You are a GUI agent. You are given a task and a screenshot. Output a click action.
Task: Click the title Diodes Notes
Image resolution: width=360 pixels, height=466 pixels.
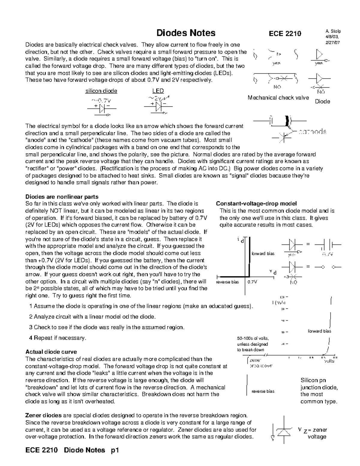coord(186,33)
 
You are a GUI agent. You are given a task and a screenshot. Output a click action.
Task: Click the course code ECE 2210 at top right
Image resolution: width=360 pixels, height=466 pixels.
coord(285,34)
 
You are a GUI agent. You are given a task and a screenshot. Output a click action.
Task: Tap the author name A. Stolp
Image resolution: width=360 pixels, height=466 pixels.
coord(333,31)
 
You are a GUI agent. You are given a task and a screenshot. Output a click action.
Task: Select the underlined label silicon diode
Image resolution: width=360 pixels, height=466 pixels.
coord(101,91)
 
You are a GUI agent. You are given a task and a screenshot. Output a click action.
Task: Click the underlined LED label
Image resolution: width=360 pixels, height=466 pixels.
coord(158,91)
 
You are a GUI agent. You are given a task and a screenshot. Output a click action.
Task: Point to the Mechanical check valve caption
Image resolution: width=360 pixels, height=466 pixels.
coord(278,98)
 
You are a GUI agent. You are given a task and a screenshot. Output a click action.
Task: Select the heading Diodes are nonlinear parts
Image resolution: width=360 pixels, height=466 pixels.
coord(62,197)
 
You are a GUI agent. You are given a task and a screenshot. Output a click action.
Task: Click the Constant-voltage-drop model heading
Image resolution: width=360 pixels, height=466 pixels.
coord(256,204)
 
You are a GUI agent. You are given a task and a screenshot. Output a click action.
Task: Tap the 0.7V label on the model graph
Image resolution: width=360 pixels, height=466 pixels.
coord(252,282)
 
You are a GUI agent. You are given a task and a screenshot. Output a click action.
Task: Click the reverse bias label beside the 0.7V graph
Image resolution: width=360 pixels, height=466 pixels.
coord(227,282)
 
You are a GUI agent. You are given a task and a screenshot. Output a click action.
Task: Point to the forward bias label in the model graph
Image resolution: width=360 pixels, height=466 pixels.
coord(263,254)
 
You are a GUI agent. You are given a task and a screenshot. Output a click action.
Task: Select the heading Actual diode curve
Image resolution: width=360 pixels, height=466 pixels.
coord(51,352)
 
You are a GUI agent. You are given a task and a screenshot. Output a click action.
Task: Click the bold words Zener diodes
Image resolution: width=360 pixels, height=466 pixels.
coord(43,416)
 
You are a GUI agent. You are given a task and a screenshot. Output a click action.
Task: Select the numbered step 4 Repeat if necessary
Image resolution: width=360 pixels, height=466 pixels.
coord(58,338)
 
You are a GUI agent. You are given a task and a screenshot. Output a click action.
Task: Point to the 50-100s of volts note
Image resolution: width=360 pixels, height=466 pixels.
coord(253,344)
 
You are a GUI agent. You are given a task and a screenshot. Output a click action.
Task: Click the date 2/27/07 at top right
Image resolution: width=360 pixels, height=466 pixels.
coord(333,42)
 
